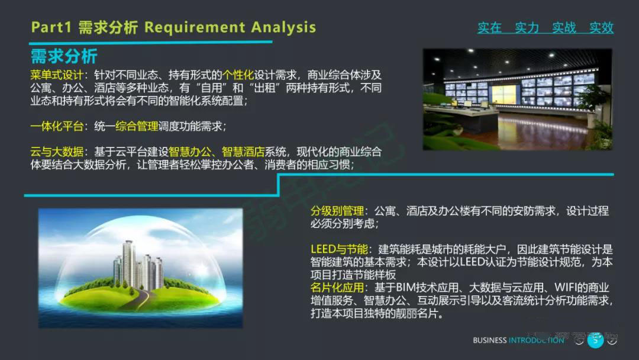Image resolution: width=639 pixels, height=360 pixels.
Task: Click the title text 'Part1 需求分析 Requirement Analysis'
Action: (173, 27)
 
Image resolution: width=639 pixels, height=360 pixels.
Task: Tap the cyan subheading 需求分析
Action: (64, 57)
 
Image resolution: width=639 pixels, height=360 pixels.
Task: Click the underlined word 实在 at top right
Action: (489, 28)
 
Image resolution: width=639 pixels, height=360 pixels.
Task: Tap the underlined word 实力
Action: (527, 28)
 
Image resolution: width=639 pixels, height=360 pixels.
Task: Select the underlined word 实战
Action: (564, 28)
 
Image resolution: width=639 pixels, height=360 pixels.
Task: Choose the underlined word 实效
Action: (601, 28)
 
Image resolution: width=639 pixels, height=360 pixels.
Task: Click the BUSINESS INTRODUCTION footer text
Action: (518, 340)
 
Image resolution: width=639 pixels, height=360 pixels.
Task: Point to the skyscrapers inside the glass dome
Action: (137, 265)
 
